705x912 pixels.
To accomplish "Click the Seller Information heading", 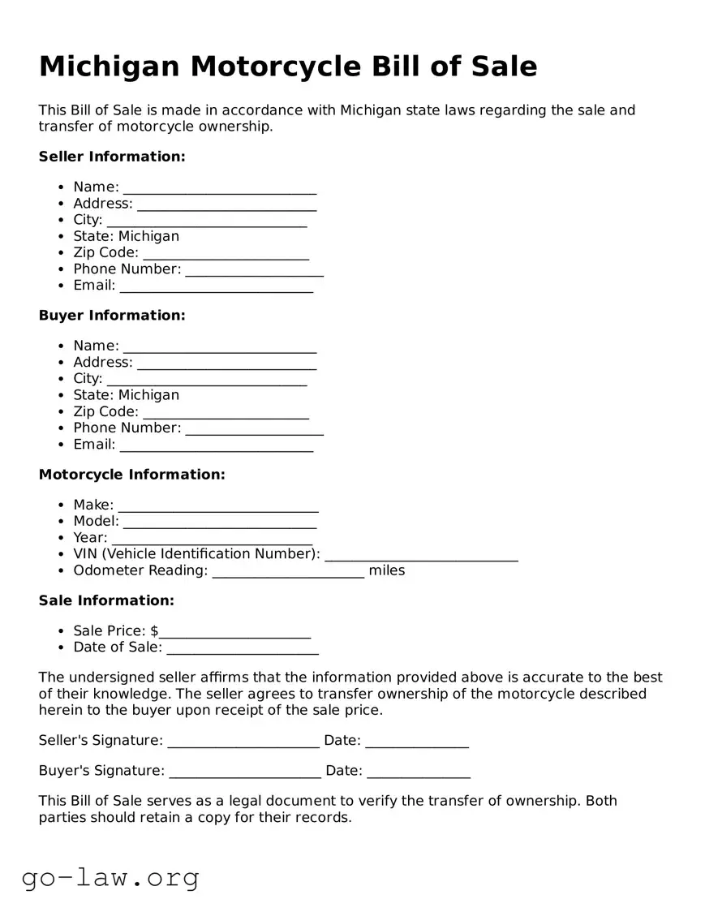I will pyautogui.click(x=112, y=157).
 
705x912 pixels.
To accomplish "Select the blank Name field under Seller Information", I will pyautogui.click(x=219, y=188).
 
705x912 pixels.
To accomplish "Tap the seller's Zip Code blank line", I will pyautogui.click(x=226, y=254).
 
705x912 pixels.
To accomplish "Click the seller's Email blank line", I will pyautogui.click(x=216, y=286).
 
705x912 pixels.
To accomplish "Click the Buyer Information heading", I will pyautogui.click(x=112, y=316).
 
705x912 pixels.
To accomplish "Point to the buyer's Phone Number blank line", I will pyautogui.click(x=254, y=428).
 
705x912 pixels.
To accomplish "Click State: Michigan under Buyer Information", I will pyautogui.click(x=126, y=395).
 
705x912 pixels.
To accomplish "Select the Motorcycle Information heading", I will pyautogui.click(x=131, y=475).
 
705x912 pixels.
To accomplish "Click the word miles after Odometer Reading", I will pyautogui.click(x=386, y=570).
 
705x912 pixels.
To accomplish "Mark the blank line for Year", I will pyautogui.click(x=212, y=539).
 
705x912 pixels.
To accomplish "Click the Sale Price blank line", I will pyautogui.click(x=234, y=632).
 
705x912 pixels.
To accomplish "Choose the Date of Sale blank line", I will pyautogui.click(x=242, y=648).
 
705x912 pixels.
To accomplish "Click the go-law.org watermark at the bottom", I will pyautogui.click(x=110, y=877).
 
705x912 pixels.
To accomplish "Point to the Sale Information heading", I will pyautogui.click(x=106, y=601).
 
